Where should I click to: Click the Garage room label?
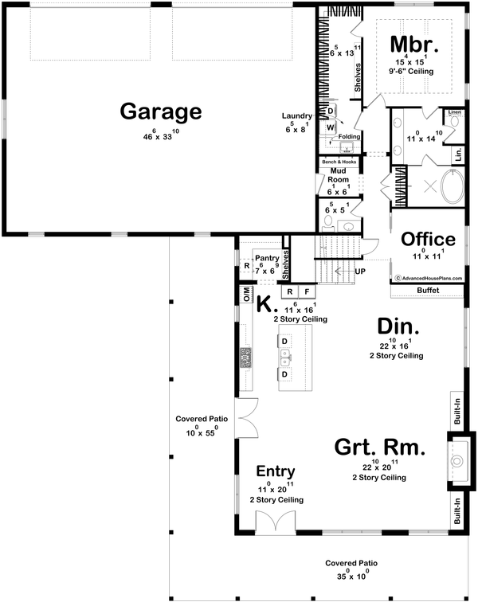click(x=160, y=111)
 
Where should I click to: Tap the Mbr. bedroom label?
click(x=411, y=42)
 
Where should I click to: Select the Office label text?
click(x=428, y=239)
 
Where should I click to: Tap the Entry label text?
click(x=276, y=471)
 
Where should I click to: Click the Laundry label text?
click(x=296, y=116)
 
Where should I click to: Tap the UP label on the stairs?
click(x=359, y=272)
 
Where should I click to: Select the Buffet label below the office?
click(x=428, y=291)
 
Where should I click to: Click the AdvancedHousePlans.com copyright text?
click(x=429, y=279)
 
